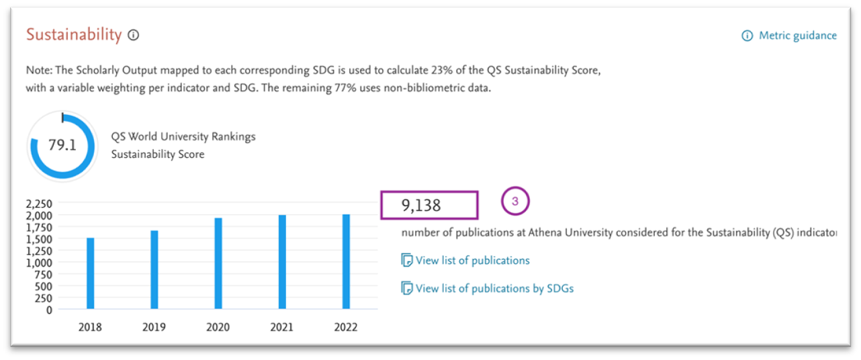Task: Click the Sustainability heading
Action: (74, 35)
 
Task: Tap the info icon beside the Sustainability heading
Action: (134, 36)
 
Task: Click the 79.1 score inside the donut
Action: (62, 145)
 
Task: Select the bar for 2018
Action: (90, 273)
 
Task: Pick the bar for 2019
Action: (154, 269)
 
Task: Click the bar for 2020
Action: (218, 263)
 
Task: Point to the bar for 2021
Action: (282, 262)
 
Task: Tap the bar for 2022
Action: (346, 261)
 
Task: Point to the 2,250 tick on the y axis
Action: (39, 204)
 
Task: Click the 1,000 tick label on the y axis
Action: (39, 263)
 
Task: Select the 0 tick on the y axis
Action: (49, 310)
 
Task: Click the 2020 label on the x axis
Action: (218, 327)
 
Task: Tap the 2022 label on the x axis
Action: (346, 327)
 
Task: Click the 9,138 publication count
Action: (421, 206)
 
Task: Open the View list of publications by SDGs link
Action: (494, 289)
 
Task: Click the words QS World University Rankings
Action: (183, 137)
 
